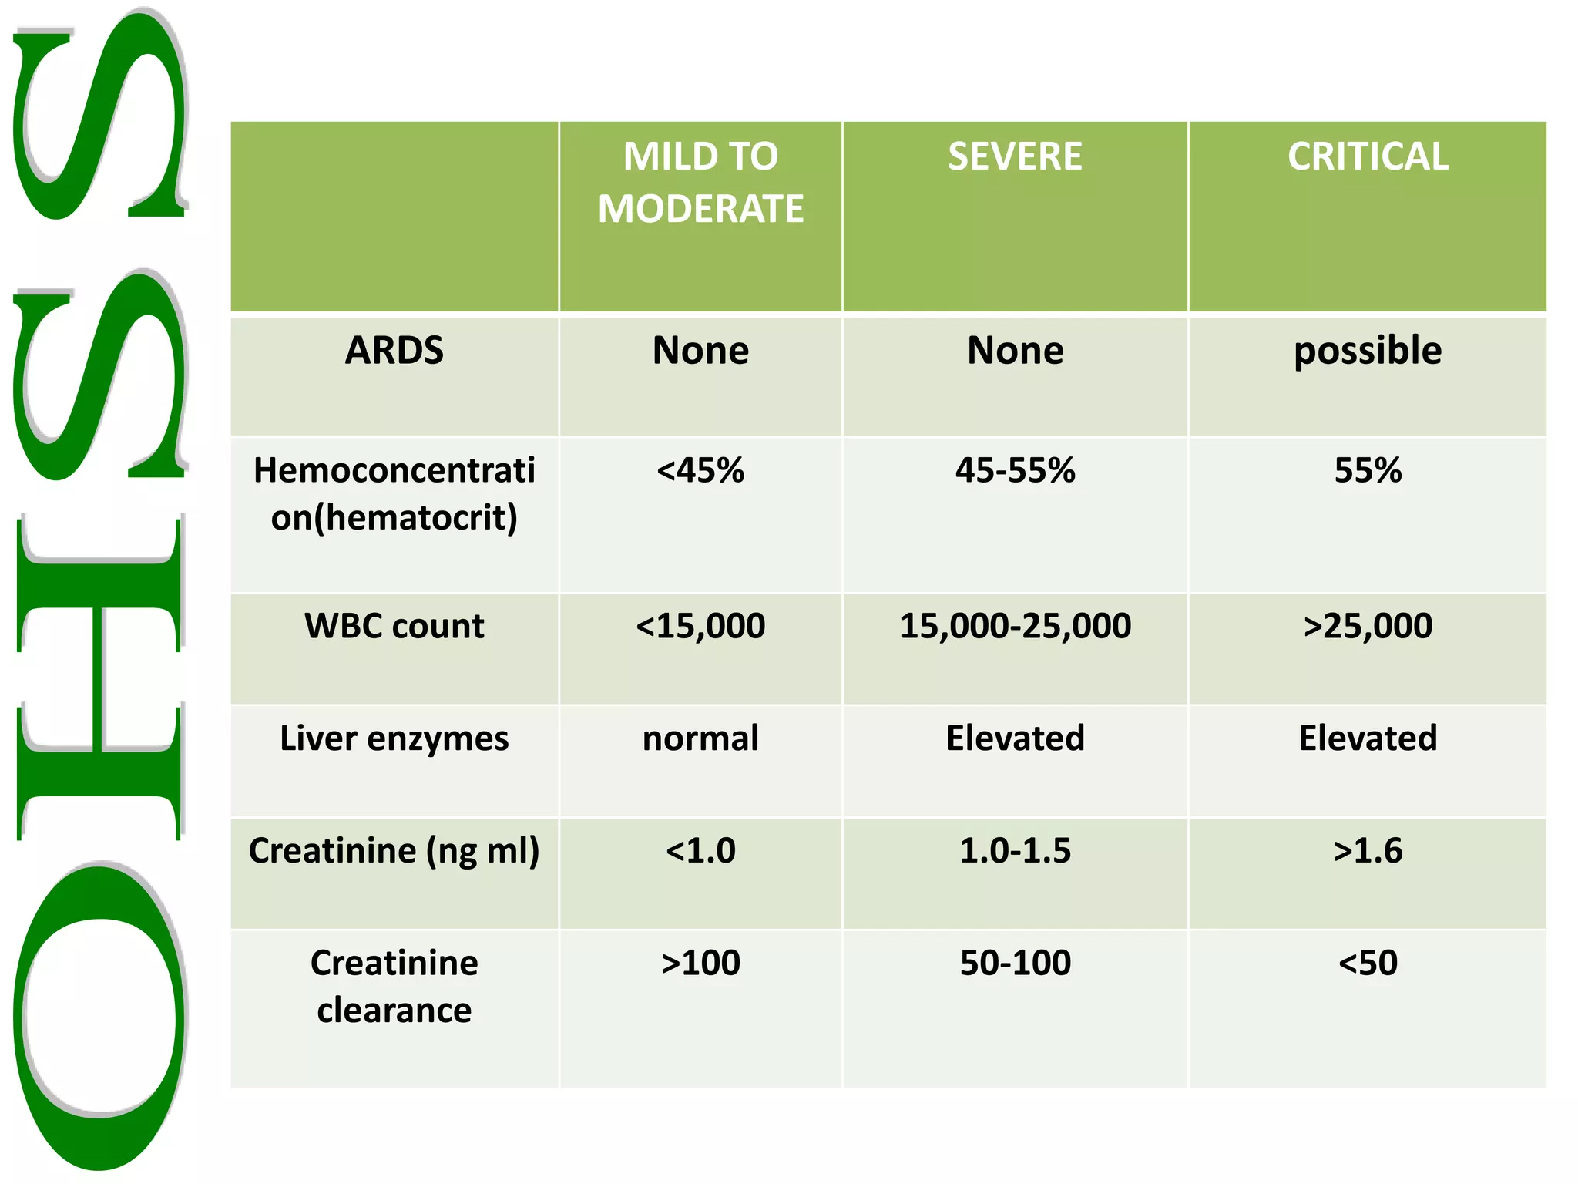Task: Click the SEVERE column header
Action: coord(1015,156)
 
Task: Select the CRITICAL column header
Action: coord(1368,156)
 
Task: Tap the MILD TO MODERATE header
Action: coord(700,183)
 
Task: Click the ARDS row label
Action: coord(394,351)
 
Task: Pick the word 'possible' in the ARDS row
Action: coord(1368,351)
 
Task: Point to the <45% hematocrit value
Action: coord(700,470)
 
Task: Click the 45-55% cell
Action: coord(1015,470)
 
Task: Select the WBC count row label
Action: coord(394,626)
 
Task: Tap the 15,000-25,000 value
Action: coord(1015,626)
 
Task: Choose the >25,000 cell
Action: coord(1368,626)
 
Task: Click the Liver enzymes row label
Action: coord(394,738)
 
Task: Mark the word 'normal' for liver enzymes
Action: coord(700,738)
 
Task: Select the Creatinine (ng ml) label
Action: coord(394,851)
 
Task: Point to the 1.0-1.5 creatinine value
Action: coord(1015,851)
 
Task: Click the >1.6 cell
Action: coord(1368,851)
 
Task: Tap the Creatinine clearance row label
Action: coord(394,986)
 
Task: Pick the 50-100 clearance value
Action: coord(1015,963)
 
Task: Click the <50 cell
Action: coord(1368,963)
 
